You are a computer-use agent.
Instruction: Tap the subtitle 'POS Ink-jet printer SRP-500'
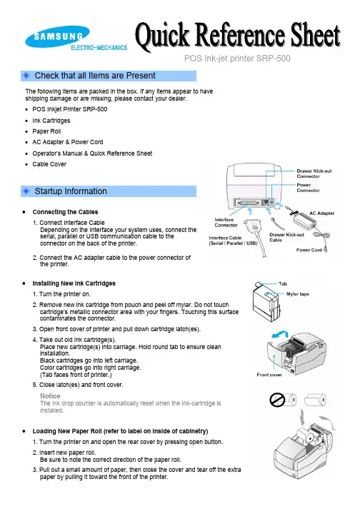pyautogui.click(x=237, y=59)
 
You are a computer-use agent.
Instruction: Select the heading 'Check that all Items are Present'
pyautogui.click(x=95, y=76)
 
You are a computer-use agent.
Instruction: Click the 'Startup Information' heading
pyautogui.click(x=71, y=191)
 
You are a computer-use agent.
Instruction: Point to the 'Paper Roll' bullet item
pyautogui.click(x=46, y=131)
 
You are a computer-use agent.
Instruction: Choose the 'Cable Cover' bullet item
pyautogui.click(x=49, y=164)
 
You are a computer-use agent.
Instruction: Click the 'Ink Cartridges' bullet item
pyautogui.click(x=51, y=121)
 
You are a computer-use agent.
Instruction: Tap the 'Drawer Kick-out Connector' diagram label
pyautogui.click(x=314, y=173)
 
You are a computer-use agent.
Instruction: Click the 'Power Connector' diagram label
pyautogui.click(x=308, y=188)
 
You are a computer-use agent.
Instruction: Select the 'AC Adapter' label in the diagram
pyautogui.click(x=321, y=213)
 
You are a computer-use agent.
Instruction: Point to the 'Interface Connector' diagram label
pyautogui.click(x=226, y=222)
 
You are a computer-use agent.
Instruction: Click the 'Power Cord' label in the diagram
pyautogui.click(x=309, y=250)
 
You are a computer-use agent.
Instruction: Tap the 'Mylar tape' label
pyautogui.click(x=298, y=294)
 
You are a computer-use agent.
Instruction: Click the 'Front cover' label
pyautogui.click(x=269, y=375)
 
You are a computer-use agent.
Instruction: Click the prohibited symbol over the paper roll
pyautogui.click(x=277, y=400)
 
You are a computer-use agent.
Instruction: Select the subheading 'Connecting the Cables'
pyautogui.click(x=65, y=212)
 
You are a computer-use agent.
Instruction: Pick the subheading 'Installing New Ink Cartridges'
pyautogui.click(x=74, y=283)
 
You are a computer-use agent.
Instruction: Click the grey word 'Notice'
pyautogui.click(x=50, y=396)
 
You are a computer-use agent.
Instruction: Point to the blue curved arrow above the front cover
pyautogui.click(x=280, y=334)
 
